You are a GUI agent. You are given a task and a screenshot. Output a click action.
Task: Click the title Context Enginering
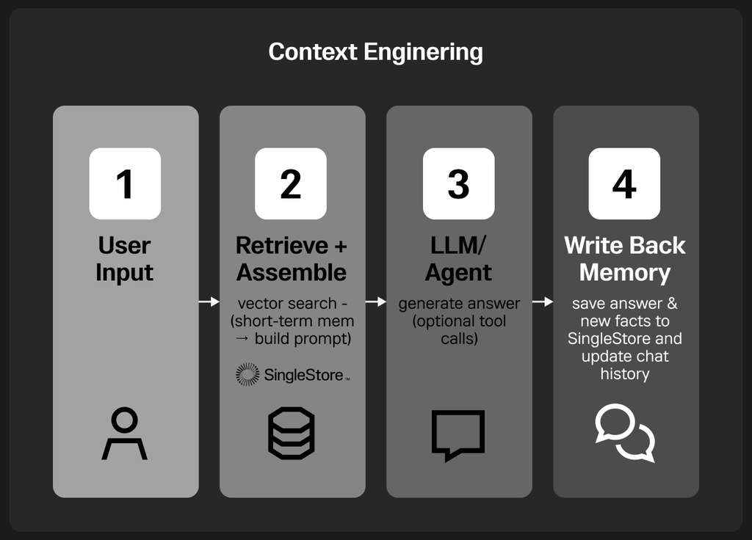[375, 52]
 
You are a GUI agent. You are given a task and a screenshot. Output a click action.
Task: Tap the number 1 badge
[125, 183]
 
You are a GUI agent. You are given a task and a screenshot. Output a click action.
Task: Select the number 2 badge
[291, 183]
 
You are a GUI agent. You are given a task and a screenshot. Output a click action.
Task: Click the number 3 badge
[458, 183]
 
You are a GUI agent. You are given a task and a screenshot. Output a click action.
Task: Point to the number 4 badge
[624, 183]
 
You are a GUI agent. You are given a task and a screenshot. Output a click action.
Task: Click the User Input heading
[125, 259]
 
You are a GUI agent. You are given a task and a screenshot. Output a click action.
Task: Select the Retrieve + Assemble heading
[291, 259]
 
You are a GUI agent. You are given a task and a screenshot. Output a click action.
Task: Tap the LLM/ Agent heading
[458, 259]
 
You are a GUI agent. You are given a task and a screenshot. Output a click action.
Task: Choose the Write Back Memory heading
[625, 259]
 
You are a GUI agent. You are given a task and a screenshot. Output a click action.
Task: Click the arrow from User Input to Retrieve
[209, 302]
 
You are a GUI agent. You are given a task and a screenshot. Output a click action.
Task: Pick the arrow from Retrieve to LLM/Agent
[376, 302]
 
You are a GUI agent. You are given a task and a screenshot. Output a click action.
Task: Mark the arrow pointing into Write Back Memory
[543, 302]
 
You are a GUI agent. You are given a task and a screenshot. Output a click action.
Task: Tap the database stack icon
[291, 433]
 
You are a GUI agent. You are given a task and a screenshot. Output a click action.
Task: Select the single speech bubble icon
[458, 435]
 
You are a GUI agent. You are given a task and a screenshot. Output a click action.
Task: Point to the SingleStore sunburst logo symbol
[247, 375]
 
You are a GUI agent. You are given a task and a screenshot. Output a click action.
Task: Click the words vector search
[287, 303]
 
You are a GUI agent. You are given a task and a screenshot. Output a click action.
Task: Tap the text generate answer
[459, 304]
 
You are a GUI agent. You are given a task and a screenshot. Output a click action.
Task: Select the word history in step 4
[625, 373]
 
